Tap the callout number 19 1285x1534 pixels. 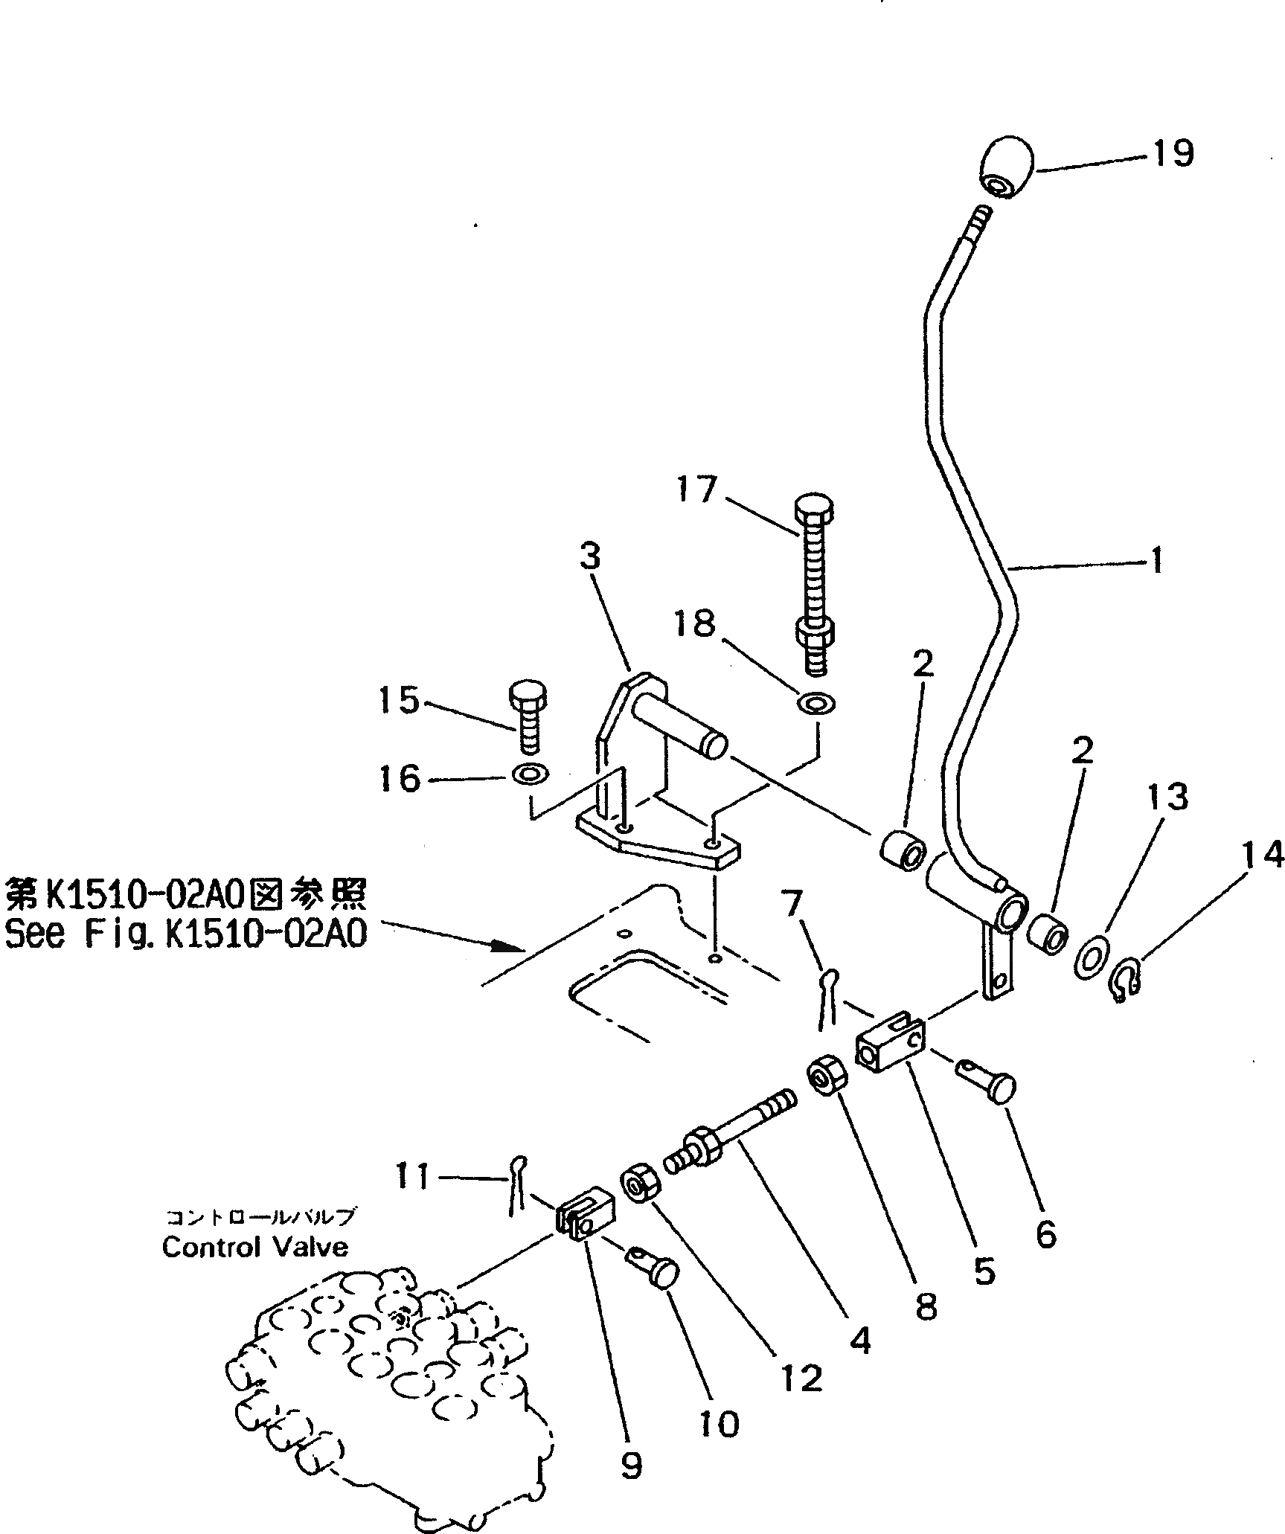tap(1173, 153)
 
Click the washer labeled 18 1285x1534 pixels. tap(816, 702)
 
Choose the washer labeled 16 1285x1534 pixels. tap(528, 775)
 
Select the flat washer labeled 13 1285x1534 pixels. tap(1091, 958)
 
